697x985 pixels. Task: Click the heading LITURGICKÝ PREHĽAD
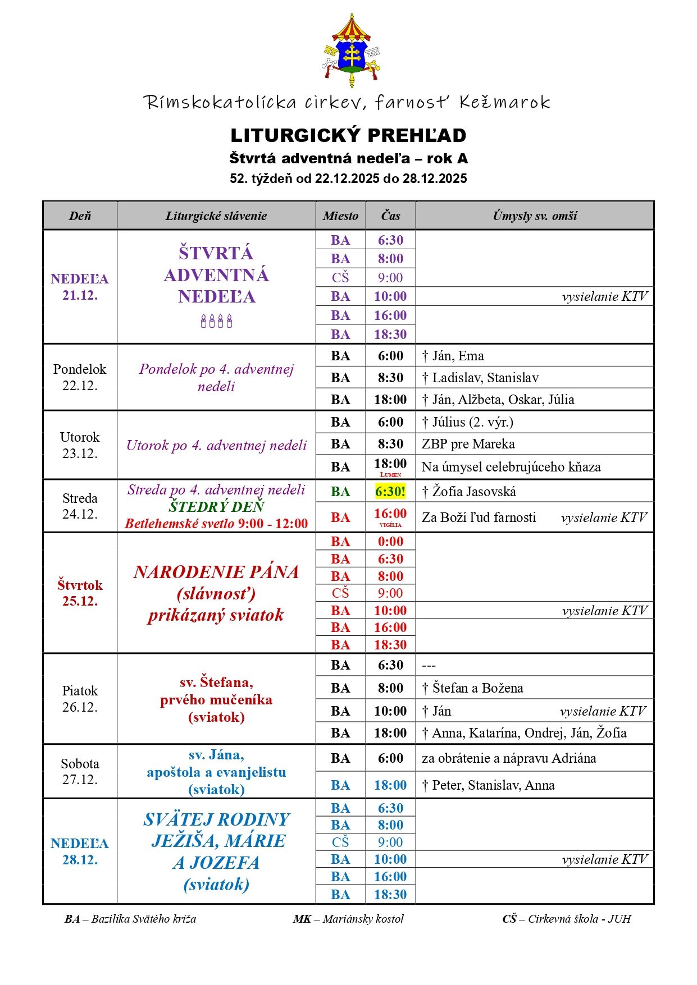click(348, 135)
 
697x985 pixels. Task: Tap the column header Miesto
click(340, 216)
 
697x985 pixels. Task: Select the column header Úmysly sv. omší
click(534, 216)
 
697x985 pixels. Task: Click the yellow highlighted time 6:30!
click(390, 492)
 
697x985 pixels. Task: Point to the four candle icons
click(216, 321)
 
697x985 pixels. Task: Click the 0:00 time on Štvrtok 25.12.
click(390, 542)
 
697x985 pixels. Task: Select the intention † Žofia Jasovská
click(469, 492)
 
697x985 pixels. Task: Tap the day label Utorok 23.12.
click(80, 445)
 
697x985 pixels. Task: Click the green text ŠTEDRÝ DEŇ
click(216, 507)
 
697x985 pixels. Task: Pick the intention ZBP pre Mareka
click(468, 444)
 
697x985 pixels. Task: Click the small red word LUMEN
click(390, 475)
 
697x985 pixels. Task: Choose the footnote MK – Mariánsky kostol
click(348, 919)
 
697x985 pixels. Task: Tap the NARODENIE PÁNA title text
click(216, 572)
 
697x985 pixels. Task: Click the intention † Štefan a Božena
click(472, 688)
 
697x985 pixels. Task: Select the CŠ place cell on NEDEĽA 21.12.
click(340, 278)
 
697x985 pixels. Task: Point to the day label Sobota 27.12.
click(80, 771)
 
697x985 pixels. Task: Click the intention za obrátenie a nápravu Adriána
click(509, 758)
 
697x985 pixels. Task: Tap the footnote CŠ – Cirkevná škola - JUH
click(567, 919)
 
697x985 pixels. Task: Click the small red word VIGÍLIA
click(390, 525)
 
